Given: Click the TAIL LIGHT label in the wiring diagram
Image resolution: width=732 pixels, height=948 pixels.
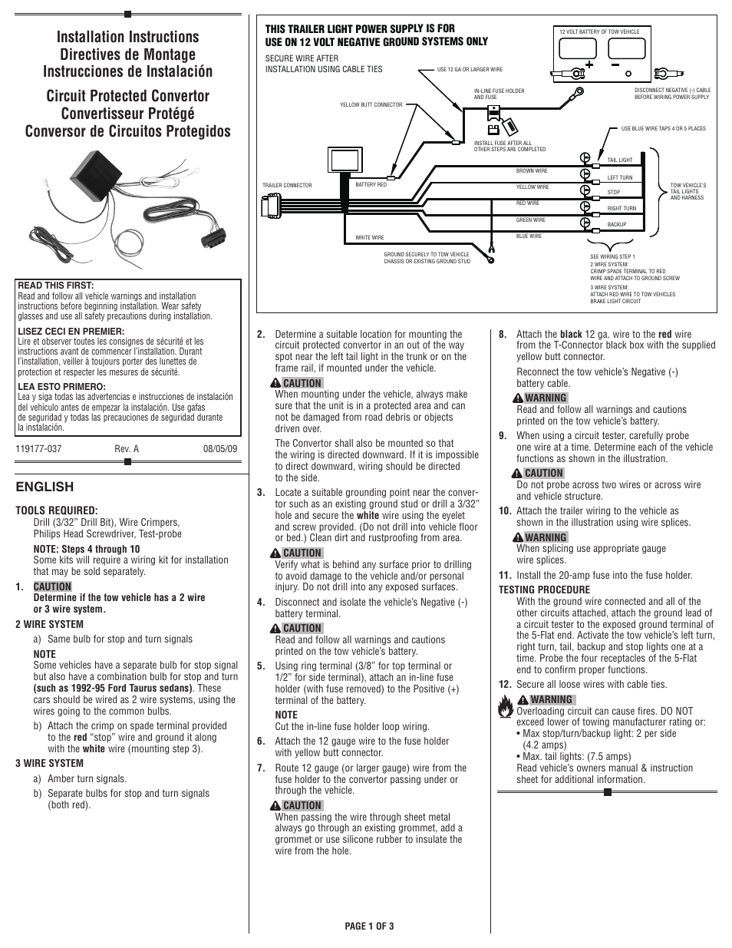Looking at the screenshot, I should (x=620, y=160).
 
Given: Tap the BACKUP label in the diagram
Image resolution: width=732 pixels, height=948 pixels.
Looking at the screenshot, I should (x=617, y=225).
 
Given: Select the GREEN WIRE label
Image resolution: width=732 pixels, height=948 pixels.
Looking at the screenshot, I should (x=531, y=220).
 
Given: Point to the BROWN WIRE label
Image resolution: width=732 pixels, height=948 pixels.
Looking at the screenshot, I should (x=532, y=171).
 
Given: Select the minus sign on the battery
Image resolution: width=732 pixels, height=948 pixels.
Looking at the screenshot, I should (x=616, y=65).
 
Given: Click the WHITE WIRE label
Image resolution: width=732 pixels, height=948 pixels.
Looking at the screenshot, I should (x=370, y=238).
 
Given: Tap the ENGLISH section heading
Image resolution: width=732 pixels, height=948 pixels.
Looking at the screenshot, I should (x=45, y=487).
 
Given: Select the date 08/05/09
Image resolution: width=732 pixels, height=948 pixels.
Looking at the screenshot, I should (x=220, y=449).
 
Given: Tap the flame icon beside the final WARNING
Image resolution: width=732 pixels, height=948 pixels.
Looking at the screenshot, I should (x=505, y=705).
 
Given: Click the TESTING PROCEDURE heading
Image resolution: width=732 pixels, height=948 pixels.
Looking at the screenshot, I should (x=544, y=590).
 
